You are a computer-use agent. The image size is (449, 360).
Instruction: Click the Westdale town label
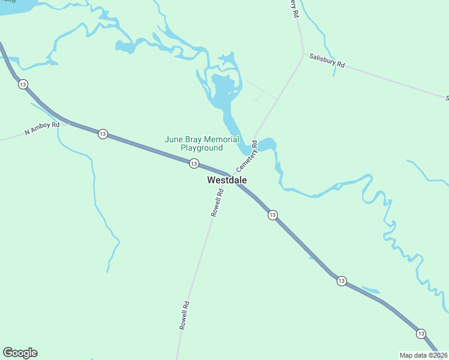(226, 180)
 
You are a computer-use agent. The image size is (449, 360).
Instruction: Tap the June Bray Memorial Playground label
(202, 143)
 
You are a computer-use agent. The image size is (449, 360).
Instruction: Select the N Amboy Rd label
(42, 128)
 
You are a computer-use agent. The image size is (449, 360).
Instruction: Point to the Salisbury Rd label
(327, 61)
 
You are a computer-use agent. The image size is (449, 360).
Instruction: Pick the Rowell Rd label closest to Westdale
(217, 203)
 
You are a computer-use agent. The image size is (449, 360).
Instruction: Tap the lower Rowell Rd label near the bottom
(184, 314)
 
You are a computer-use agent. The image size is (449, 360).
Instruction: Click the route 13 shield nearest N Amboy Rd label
(103, 134)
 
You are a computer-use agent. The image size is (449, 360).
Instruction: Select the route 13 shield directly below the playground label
(194, 163)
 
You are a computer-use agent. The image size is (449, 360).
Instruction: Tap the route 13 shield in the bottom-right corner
(421, 333)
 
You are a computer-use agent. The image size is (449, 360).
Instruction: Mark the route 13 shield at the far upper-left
(23, 84)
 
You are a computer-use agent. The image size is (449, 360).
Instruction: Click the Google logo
(20, 353)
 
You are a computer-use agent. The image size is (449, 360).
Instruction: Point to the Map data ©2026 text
(423, 355)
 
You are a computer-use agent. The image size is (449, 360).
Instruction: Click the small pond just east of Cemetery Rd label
(267, 145)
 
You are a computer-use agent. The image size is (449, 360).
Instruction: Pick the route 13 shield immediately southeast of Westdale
(273, 215)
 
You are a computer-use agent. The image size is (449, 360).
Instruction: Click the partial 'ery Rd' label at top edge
(294, 8)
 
